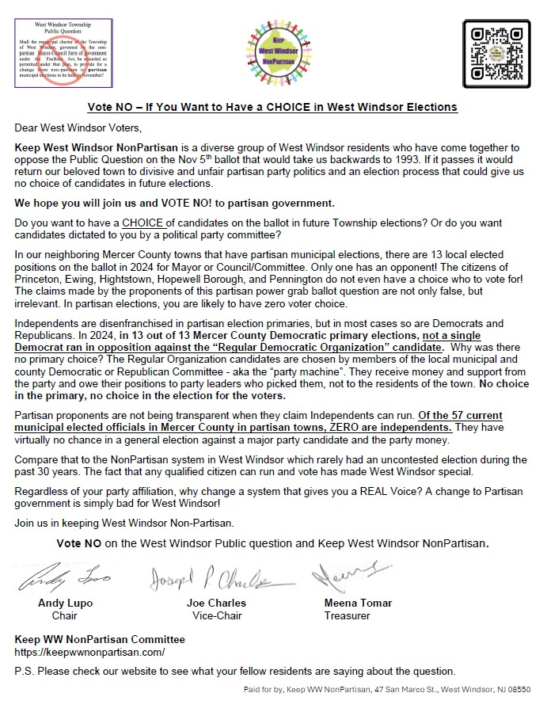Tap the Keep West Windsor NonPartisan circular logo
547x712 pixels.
click(x=273, y=53)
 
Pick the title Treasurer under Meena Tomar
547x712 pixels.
click(x=347, y=615)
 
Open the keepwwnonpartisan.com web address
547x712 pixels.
click(x=90, y=652)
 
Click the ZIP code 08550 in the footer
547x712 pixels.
click(x=518, y=691)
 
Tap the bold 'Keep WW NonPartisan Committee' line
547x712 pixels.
click(x=100, y=639)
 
